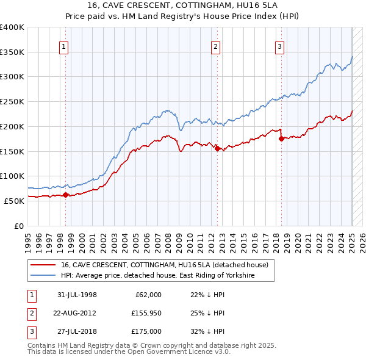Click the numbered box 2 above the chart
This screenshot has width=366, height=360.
[x=215, y=46]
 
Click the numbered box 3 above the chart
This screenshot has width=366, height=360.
[x=279, y=46]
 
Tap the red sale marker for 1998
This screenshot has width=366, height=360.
[x=65, y=195]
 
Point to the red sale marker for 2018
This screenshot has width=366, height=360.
[x=281, y=139]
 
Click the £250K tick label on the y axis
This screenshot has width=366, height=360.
[x=12, y=101]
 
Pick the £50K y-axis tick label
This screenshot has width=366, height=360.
[x=14, y=201]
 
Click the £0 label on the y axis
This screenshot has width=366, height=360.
[x=19, y=226]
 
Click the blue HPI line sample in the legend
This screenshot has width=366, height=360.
[x=43, y=276]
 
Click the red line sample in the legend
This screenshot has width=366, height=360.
[x=43, y=265]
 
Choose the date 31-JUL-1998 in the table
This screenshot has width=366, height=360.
[x=77, y=295]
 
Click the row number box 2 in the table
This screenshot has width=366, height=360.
[x=31, y=312]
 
